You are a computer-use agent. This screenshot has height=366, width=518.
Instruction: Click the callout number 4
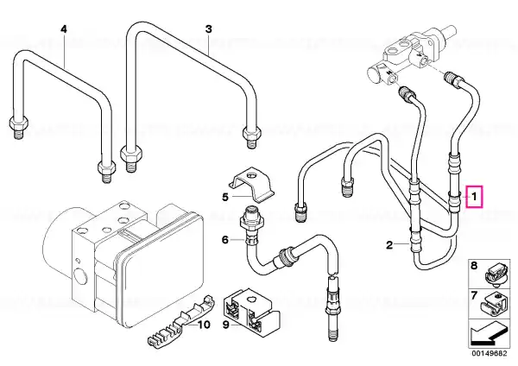[x=64, y=29]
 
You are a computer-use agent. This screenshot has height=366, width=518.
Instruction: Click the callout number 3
[x=208, y=29]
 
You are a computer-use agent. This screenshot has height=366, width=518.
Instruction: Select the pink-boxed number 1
[x=474, y=197]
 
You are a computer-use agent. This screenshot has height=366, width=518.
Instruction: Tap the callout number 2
[x=390, y=245]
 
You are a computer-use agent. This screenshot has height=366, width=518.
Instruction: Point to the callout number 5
[x=225, y=197]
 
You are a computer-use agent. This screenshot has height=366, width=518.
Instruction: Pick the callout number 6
[x=225, y=239]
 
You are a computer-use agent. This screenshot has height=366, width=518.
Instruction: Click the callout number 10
[x=204, y=325]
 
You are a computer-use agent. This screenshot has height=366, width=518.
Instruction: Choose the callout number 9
[x=226, y=325]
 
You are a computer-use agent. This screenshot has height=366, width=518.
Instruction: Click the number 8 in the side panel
[x=474, y=266]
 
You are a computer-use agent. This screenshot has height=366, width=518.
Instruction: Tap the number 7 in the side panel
[x=474, y=295]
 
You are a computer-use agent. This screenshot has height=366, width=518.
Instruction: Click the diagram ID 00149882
[x=489, y=353]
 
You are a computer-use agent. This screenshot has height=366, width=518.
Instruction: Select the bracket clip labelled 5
[x=252, y=186]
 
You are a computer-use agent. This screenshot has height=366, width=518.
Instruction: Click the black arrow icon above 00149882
[x=489, y=336]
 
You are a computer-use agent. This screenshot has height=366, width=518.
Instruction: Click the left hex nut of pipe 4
[x=18, y=123]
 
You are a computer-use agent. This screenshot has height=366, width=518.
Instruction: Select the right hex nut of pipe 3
[x=252, y=133]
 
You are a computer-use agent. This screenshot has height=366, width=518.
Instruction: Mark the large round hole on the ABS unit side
[x=81, y=276]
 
